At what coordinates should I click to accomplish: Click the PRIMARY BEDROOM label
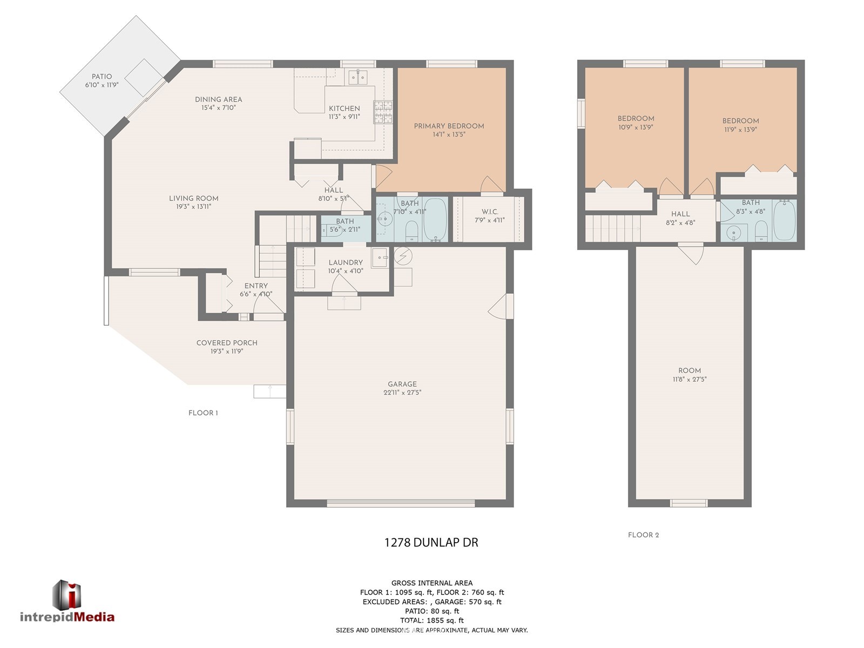click(x=449, y=126)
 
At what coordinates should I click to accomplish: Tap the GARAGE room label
click(x=402, y=384)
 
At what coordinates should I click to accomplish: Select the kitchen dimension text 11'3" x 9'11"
click(x=345, y=117)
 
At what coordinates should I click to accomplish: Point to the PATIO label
click(x=102, y=76)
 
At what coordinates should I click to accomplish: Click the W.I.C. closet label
click(x=490, y=212)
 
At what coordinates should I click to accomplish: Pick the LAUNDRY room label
click(x=346, y=262)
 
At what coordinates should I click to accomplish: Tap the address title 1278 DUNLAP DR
click(x=431, y=543)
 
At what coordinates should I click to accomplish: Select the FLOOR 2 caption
click(x=643, y=535)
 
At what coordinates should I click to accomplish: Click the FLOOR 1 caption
click(x=203, y=413)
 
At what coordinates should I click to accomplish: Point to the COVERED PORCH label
click(x=227, y=343)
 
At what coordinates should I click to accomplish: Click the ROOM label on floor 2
click(x=690, y=370)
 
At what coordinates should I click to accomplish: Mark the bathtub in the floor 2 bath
click(x=784, y=220)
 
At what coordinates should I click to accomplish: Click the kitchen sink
click(x=358, y=78)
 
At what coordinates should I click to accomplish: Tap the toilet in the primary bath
click(x=411, y=231)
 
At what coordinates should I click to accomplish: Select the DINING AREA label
click(x=219, y=99)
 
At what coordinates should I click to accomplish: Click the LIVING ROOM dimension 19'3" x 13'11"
click(x=194, y=207)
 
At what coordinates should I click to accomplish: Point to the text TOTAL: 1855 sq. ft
click(x=432, y=620)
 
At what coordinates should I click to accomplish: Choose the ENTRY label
click(x=256, y=286)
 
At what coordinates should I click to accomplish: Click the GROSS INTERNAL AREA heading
click(x=432, y=583)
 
